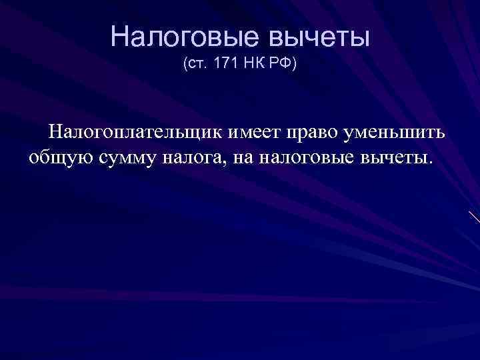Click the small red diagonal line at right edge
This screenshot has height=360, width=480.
(x=474, y=217)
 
